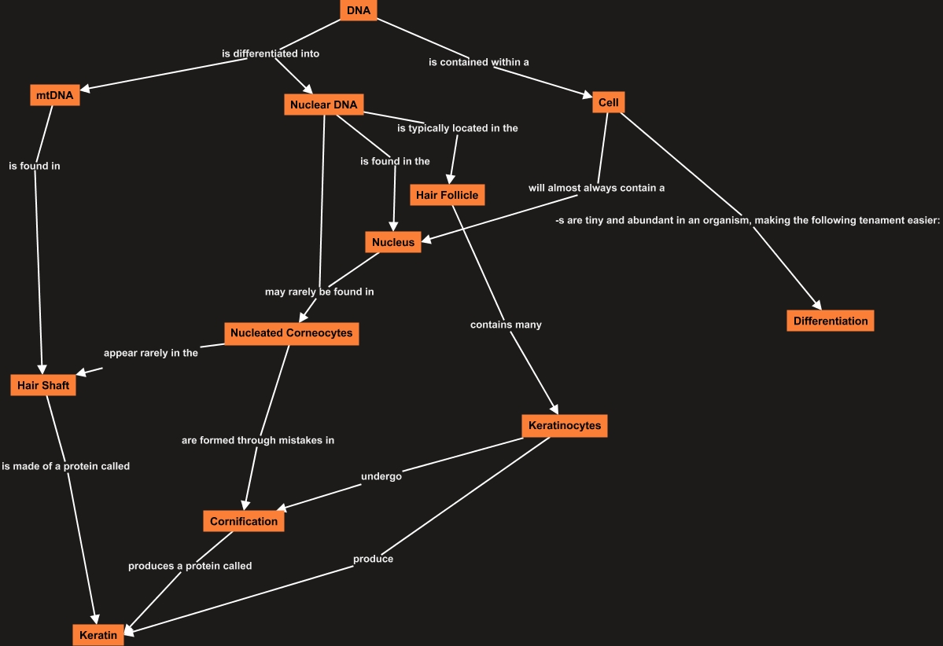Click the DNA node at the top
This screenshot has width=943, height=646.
click(x=359, y=10)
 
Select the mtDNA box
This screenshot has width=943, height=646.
click(x=55, y=96)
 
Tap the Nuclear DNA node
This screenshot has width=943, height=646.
click(x=323, y=105)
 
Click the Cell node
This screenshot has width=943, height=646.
click(x=608, y=103)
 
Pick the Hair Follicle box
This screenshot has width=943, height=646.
click(x=447, y=195)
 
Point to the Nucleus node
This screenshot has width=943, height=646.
click(x=393, y=242)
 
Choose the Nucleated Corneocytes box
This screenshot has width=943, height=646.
click(x=292, y=333)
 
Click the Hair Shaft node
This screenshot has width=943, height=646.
click(x=43, y=385)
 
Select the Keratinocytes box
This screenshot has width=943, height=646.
click(x=564, y=426)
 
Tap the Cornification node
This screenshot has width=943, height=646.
click(x=244, y=521)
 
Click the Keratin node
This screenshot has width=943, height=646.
click(x=98, y=635)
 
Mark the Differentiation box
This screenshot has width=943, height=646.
click(x=830, y=321)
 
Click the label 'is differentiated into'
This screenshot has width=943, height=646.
click(x=271, y=54)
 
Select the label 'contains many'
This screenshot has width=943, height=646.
click(x=506, y=325)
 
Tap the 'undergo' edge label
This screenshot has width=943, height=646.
click(x=381, y=476)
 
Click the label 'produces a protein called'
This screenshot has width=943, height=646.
click(x=190, y=566)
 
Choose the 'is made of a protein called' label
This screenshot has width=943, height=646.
click(x=66, y=466)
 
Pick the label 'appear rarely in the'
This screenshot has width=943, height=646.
click(x=151, y=353)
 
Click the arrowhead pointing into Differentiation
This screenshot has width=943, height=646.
click(x=818, y=306)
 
